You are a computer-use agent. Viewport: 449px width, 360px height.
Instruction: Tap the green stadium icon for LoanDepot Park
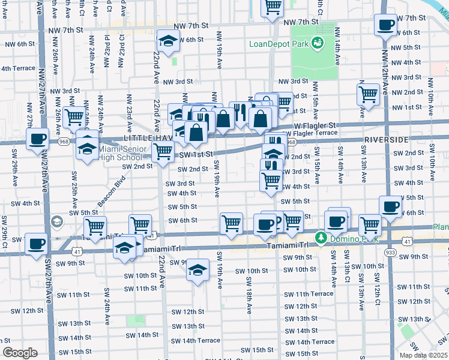318,43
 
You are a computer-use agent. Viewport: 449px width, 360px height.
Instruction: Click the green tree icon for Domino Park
321,238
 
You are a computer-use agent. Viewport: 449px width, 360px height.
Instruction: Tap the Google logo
20,353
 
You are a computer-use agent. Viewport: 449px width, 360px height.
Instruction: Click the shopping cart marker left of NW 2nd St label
368,94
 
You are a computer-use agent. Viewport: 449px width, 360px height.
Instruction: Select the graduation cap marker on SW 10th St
197,271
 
